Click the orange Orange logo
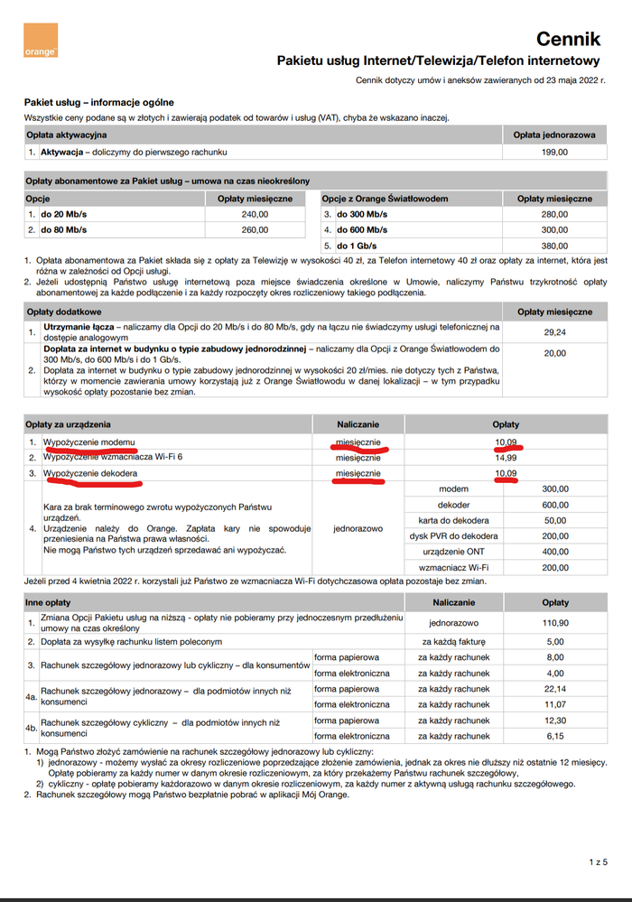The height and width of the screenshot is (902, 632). tap(41, 41)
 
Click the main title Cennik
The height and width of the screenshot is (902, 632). tap(568, 38)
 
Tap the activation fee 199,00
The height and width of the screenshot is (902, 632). tap(554, 152)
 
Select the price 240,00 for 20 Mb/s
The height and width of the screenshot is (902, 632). tap(256, 214)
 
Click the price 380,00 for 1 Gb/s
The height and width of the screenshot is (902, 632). tap(554, 246)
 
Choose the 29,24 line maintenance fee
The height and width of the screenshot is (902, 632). tap(554, 332)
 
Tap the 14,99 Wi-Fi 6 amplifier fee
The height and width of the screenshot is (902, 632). tap(505, 457)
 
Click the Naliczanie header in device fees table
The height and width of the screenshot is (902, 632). tap(358, 423)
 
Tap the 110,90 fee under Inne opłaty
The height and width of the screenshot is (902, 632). tap(554, 623)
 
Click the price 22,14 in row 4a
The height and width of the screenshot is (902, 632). tap(554, 689)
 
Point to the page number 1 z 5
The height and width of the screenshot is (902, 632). tap(598, 862)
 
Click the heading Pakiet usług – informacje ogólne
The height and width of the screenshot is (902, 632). tap(99, 102)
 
